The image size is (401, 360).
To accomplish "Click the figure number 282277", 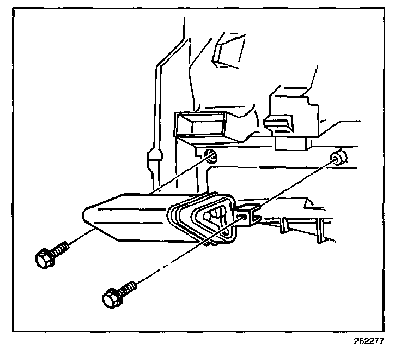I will pyautogui.click(x=368, y=342).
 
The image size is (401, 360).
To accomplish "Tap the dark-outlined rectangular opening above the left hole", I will pyautogui.click(x=200, y=124).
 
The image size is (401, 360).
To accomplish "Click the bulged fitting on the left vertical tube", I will pyautogui.click(x=154, y=161).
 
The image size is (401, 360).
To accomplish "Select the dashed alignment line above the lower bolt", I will pyautogui.click(x=180, y=256).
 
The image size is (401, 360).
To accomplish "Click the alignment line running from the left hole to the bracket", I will pyautogui.click(x=180, y=175).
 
